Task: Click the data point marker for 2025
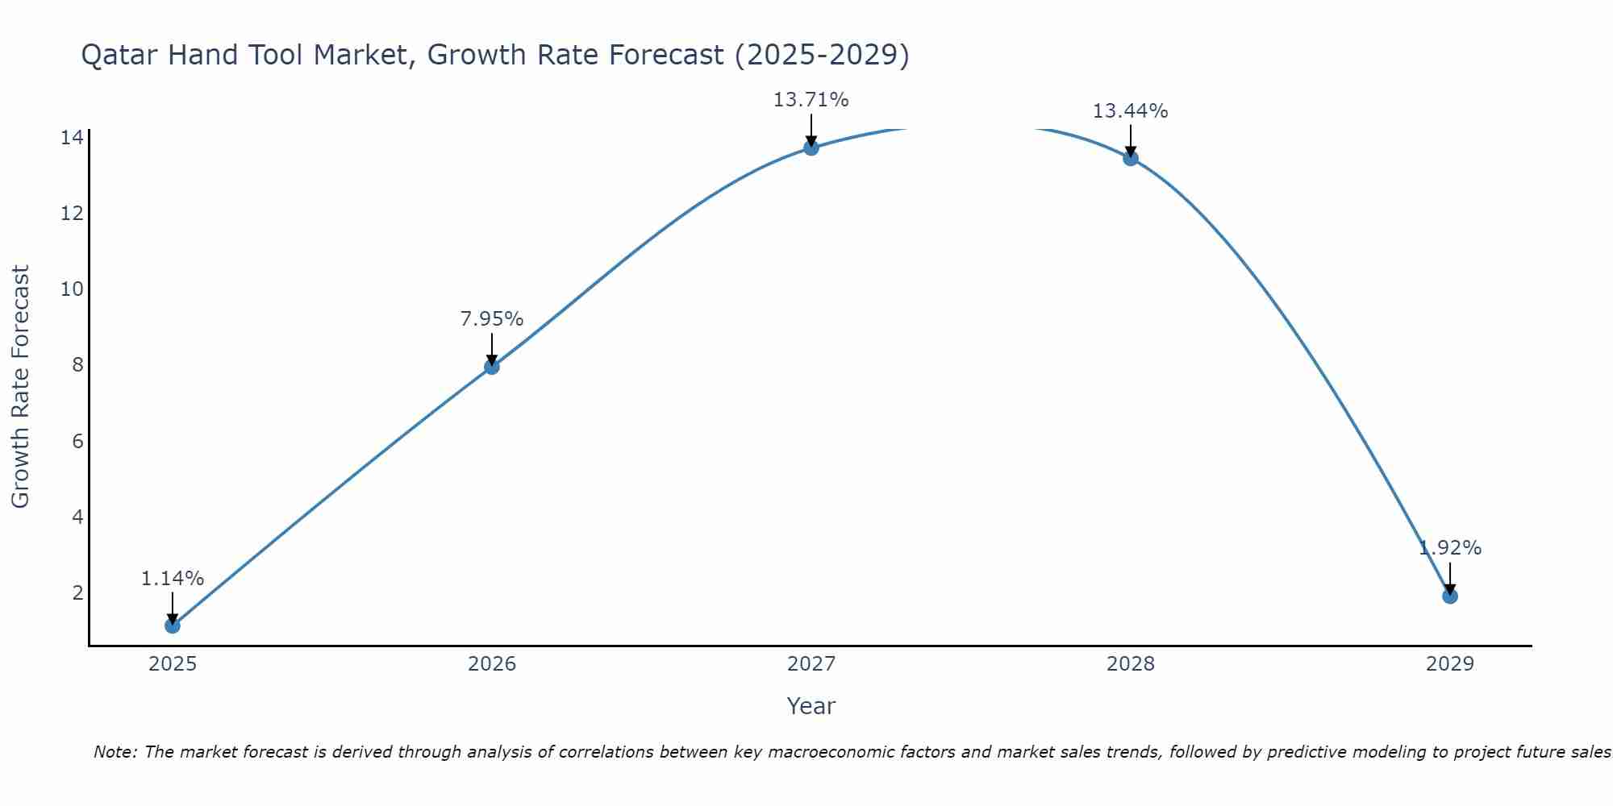[172, 625]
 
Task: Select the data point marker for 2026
[491, 367]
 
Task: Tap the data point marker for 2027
[811, 147]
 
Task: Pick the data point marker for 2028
[1130, 158]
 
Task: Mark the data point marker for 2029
[1449, 596]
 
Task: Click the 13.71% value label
[811, 100]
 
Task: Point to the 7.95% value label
[491, 319]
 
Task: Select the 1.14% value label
[172, 579]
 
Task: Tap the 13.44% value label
[1130, 111]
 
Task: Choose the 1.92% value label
[1449, 548]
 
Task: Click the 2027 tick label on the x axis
[811, 664]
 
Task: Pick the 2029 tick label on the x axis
[1449, 664]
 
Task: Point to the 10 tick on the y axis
[72, 289]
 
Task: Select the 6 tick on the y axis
[77, 441]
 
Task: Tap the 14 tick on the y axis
[72, 137]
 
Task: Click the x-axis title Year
[811, 706]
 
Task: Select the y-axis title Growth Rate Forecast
[20, 386]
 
